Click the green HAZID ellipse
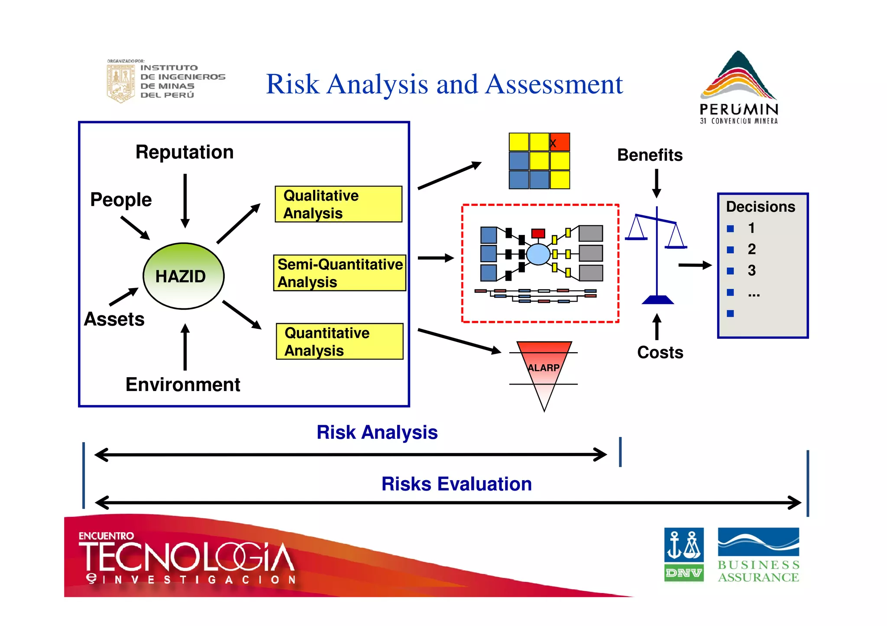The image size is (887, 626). coord(184,276)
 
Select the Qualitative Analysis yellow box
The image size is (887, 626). coord(338,204)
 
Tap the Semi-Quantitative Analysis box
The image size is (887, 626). coord(340,273)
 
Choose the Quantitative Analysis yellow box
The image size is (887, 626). coord(340,341)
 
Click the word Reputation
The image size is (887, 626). coord(185,152)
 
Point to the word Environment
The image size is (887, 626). coord(183,385)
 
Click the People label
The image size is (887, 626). coord(121,200)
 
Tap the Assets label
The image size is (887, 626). coord(114,319)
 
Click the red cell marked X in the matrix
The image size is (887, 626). coord(560,142)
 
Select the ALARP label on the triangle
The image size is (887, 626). coord(544,368)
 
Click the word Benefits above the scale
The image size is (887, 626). coord(650,155)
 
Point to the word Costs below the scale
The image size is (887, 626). coord(660,353)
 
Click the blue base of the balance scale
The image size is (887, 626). coord(657,300)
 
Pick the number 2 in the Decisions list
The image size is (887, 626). coord(751,249)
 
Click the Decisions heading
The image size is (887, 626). coord(761,207)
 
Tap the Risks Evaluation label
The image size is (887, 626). coord(456,484)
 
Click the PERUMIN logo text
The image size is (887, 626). coord(739,109)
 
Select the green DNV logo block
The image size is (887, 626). coord(684,573)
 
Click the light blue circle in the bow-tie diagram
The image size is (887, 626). coord(538,254)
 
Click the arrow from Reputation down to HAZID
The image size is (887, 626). coord(185,201)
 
